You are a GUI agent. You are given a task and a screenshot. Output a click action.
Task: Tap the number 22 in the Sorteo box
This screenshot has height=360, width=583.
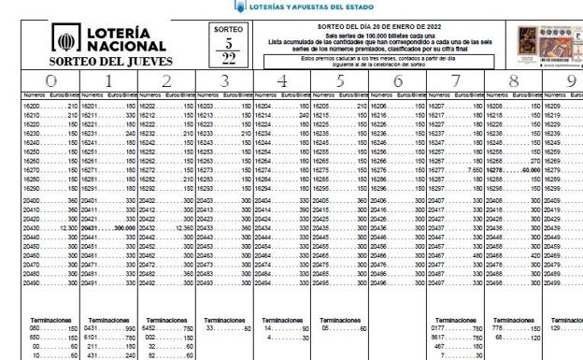click(x=227, y=59)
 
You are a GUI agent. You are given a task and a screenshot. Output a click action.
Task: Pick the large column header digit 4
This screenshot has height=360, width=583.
click(x=281, y=81)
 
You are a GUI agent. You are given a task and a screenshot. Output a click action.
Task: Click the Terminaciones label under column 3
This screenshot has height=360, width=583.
click(x=223, y=319)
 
